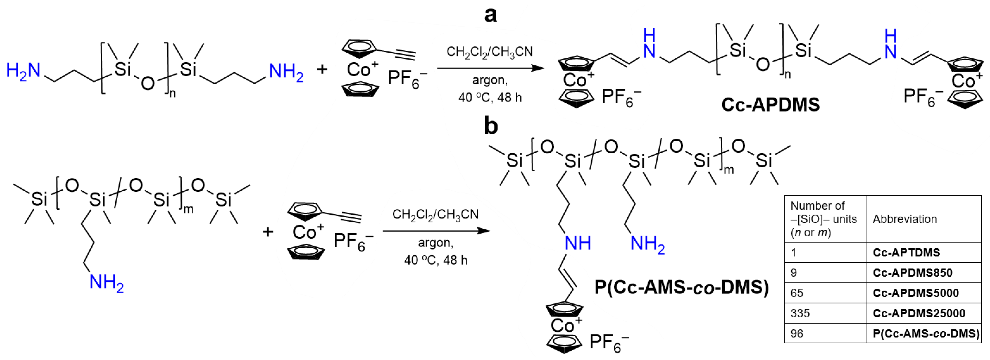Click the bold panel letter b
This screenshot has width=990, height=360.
click(x=491, y=126)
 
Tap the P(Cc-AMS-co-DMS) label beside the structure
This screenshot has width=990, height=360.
click(x=681, y=287)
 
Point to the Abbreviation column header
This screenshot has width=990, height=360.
click(x=905, y=219)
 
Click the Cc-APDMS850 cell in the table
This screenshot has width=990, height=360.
click(x=912, y=273)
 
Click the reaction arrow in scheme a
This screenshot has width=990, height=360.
click(x=490, y=68)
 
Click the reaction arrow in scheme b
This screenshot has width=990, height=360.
click(x=436, y=231)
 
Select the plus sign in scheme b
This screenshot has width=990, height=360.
click(x=268, y=232)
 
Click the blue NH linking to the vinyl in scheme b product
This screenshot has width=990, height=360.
click(x=577, y=243)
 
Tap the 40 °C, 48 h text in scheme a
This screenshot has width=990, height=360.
click(x=490, y=98)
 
